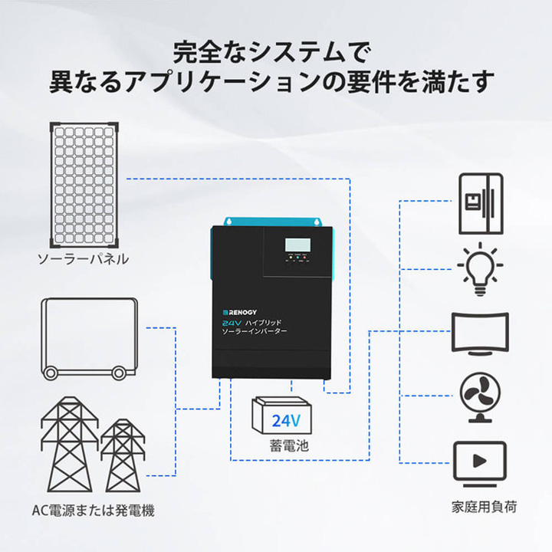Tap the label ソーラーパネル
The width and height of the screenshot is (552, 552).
[84, 259]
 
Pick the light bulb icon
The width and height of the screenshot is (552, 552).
[480, 269]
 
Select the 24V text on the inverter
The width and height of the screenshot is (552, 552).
[227, 324]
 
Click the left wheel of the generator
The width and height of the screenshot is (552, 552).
[51, 373]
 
